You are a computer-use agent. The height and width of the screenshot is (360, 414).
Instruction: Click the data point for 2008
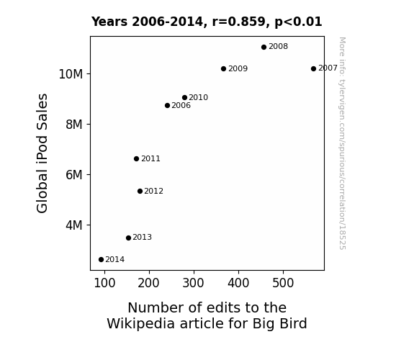click(x=264, y=47)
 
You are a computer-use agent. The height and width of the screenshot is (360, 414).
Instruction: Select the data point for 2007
click(x=313, y=68)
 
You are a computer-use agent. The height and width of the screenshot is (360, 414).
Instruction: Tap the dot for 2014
click(x=101, y=260)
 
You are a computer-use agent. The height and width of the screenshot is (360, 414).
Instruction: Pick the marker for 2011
click(x=136, y=158)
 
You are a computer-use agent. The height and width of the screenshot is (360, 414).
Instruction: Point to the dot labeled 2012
click(x=140, y=191)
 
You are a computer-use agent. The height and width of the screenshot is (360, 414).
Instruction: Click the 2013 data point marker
click(x=128, y=238)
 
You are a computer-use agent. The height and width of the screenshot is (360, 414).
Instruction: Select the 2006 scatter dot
click(x=167, y=105)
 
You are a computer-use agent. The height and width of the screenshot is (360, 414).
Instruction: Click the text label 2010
click(x=198, y=97)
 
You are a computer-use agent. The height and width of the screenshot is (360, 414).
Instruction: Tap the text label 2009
click(x=238, y=68)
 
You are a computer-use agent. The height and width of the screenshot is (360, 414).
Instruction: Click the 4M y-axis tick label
click(x=74, y=225)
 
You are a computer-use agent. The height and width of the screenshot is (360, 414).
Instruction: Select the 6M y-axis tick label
click(x=74, y=175)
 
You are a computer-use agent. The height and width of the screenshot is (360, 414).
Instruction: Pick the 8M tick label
click(x=74, y=125)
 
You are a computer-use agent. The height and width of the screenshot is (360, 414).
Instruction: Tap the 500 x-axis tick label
click(x=283, y=283)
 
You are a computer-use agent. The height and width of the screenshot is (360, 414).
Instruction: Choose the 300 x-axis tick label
click(x=194, y=283)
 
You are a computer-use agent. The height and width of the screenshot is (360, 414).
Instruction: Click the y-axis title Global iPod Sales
click(x=42, y=153)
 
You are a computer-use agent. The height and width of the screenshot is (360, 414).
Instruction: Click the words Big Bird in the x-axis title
click(x=279, y=323)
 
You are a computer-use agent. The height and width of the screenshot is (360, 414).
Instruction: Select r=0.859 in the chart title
click(x=239, y=22)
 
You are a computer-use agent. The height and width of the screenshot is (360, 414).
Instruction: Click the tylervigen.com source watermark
click(x=342, y=143)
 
